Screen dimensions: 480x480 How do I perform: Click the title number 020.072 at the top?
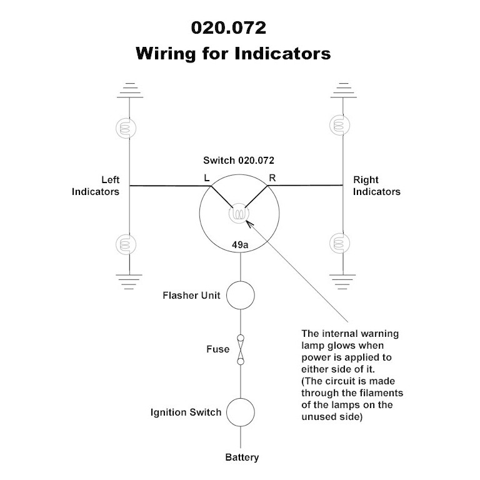232,29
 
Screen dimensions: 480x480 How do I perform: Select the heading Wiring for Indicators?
232,54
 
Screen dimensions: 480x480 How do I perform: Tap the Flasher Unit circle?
241,295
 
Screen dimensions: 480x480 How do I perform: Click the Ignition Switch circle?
241,412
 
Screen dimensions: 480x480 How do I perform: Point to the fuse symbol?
241,349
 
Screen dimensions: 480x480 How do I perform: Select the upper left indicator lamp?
130,127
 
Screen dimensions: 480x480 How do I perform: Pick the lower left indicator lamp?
130,242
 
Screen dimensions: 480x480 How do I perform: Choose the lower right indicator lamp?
342,242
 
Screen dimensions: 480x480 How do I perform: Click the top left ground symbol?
130,89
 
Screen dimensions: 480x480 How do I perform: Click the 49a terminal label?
240,246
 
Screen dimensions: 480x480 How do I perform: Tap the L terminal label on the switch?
207,177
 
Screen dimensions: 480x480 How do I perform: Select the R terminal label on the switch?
272,177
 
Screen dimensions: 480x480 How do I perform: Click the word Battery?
242,457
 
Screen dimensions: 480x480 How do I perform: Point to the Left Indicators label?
96,186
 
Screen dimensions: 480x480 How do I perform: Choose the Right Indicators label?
377,186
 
